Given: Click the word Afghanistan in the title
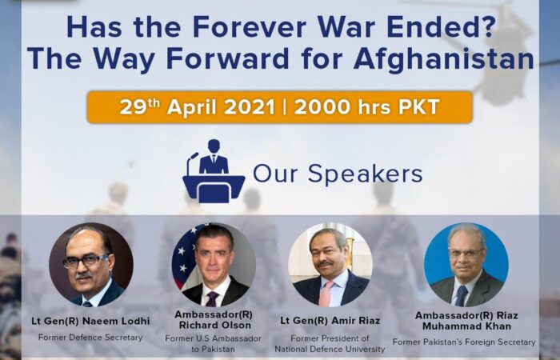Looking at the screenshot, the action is tap(444, 58).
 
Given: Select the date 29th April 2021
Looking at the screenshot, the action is tap(197, 106).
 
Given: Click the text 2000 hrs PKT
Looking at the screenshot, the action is tap(366, 107).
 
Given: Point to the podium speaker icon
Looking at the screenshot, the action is tap(214, 171).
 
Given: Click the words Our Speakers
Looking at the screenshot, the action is tap(338, 174).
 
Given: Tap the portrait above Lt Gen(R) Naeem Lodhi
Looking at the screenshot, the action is tap(91, 265).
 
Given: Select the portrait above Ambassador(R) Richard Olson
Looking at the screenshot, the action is tap(214, 265).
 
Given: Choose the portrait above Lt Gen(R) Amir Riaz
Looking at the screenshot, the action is tap(330, 265).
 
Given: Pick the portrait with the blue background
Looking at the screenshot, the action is tap(466, 265).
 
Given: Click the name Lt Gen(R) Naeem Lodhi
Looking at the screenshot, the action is tap(90, 321).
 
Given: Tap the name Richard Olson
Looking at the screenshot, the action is tap(215, 326).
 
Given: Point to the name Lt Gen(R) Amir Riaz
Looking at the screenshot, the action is tap(330, 321).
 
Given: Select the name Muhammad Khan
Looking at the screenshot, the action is tap(466, 326).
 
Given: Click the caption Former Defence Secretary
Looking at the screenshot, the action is tap(90, 338).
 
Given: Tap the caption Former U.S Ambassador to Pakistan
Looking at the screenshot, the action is tap(214, 343).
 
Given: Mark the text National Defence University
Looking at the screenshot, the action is tap(330, 349).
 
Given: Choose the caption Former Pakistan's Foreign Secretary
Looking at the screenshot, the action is tap(464, 342).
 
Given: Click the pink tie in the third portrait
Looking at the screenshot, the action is tap(326, 294).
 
